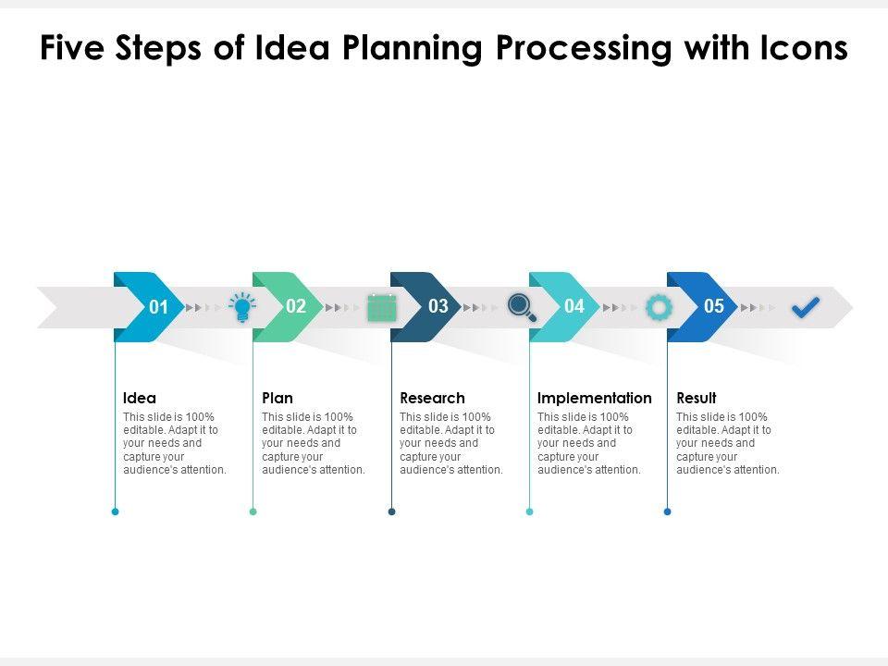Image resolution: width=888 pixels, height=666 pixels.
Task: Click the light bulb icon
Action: (x=242, y=307)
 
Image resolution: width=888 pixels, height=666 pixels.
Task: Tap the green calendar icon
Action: (x=381, y=307)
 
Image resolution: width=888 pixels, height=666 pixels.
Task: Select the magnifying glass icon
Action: (x=522, y=306)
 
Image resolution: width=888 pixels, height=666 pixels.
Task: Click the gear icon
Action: (x=659, y=307)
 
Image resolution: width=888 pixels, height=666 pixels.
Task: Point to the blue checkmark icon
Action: (x=806, y=307)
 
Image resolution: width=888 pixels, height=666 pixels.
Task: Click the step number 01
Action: (x=159, y=307)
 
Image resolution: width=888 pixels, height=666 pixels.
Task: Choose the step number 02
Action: (x=296, y=306)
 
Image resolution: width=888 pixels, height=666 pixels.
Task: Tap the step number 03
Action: (x=438, y=306)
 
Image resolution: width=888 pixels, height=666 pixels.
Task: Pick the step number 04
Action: (x=574, y=306)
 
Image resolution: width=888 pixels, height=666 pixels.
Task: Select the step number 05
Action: (x=714, y=306)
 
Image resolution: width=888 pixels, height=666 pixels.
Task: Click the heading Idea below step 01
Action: (x=140, y=398)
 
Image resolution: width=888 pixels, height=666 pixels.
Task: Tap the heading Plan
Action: (x=277, y=398)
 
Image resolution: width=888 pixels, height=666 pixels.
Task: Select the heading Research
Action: (x=432, y=398)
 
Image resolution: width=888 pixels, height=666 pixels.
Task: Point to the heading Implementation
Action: (x=595, y=398)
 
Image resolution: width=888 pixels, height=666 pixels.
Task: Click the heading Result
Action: (x=697, y=398)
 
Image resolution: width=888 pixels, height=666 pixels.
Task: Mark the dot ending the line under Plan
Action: (x=253, y=512)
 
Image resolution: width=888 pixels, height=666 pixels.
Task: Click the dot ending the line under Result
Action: (x=668, y=512)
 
